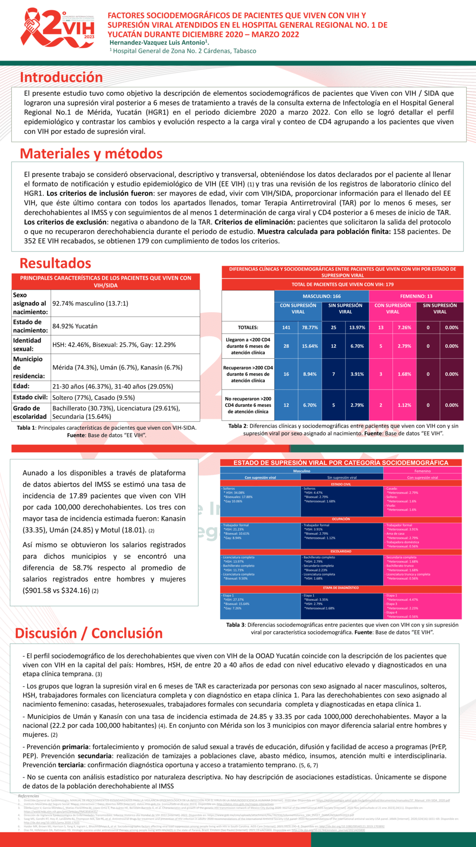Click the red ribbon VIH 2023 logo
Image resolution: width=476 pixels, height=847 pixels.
pyautogui.click(x=58, y=28)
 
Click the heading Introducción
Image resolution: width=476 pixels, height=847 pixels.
pyautogui.click(x=61, y=77)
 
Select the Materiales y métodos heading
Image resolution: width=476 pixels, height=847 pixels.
pyautogui.click(x=91, y=154)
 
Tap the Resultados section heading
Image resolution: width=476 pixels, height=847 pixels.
pyautogui.click(x=56, y=263)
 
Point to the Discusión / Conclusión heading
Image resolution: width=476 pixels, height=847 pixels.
pyautogui.click(x=89, y=633)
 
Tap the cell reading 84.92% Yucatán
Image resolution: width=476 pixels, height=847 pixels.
pyautogui.click(x=75, y=326)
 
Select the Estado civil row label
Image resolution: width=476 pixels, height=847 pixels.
pyautogui.click(x=31, y=397)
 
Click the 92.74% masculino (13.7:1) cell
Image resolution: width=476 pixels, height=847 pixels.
pyautogui.click(x=90, y=303)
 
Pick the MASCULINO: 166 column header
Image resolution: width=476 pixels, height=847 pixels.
pyautogui.click(x=321, y=296)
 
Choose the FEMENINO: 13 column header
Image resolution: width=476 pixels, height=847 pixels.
pyautogui.click(x=416, y=296)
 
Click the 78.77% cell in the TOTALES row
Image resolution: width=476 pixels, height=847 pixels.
pyautogui.click(x=310, y=327)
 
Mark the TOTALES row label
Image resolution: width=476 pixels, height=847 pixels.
pyautogui.click(x=248, y=327)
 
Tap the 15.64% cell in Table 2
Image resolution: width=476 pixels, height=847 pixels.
pyautogui.click(x=310, y=346)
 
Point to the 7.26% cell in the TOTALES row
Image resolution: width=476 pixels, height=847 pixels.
pyautogui.click(x=404, y=327)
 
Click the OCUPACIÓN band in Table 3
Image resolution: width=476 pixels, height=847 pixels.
pyautogui.click(x=341, y=519)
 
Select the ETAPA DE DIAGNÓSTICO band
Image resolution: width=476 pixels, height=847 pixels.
pyautogui.click(x=341, y=588)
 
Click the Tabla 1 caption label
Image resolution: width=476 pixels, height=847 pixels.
pyautogui.click(x=26, y=428)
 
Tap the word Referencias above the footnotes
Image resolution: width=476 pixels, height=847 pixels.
pyautogui.click(x=28, y=796)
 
